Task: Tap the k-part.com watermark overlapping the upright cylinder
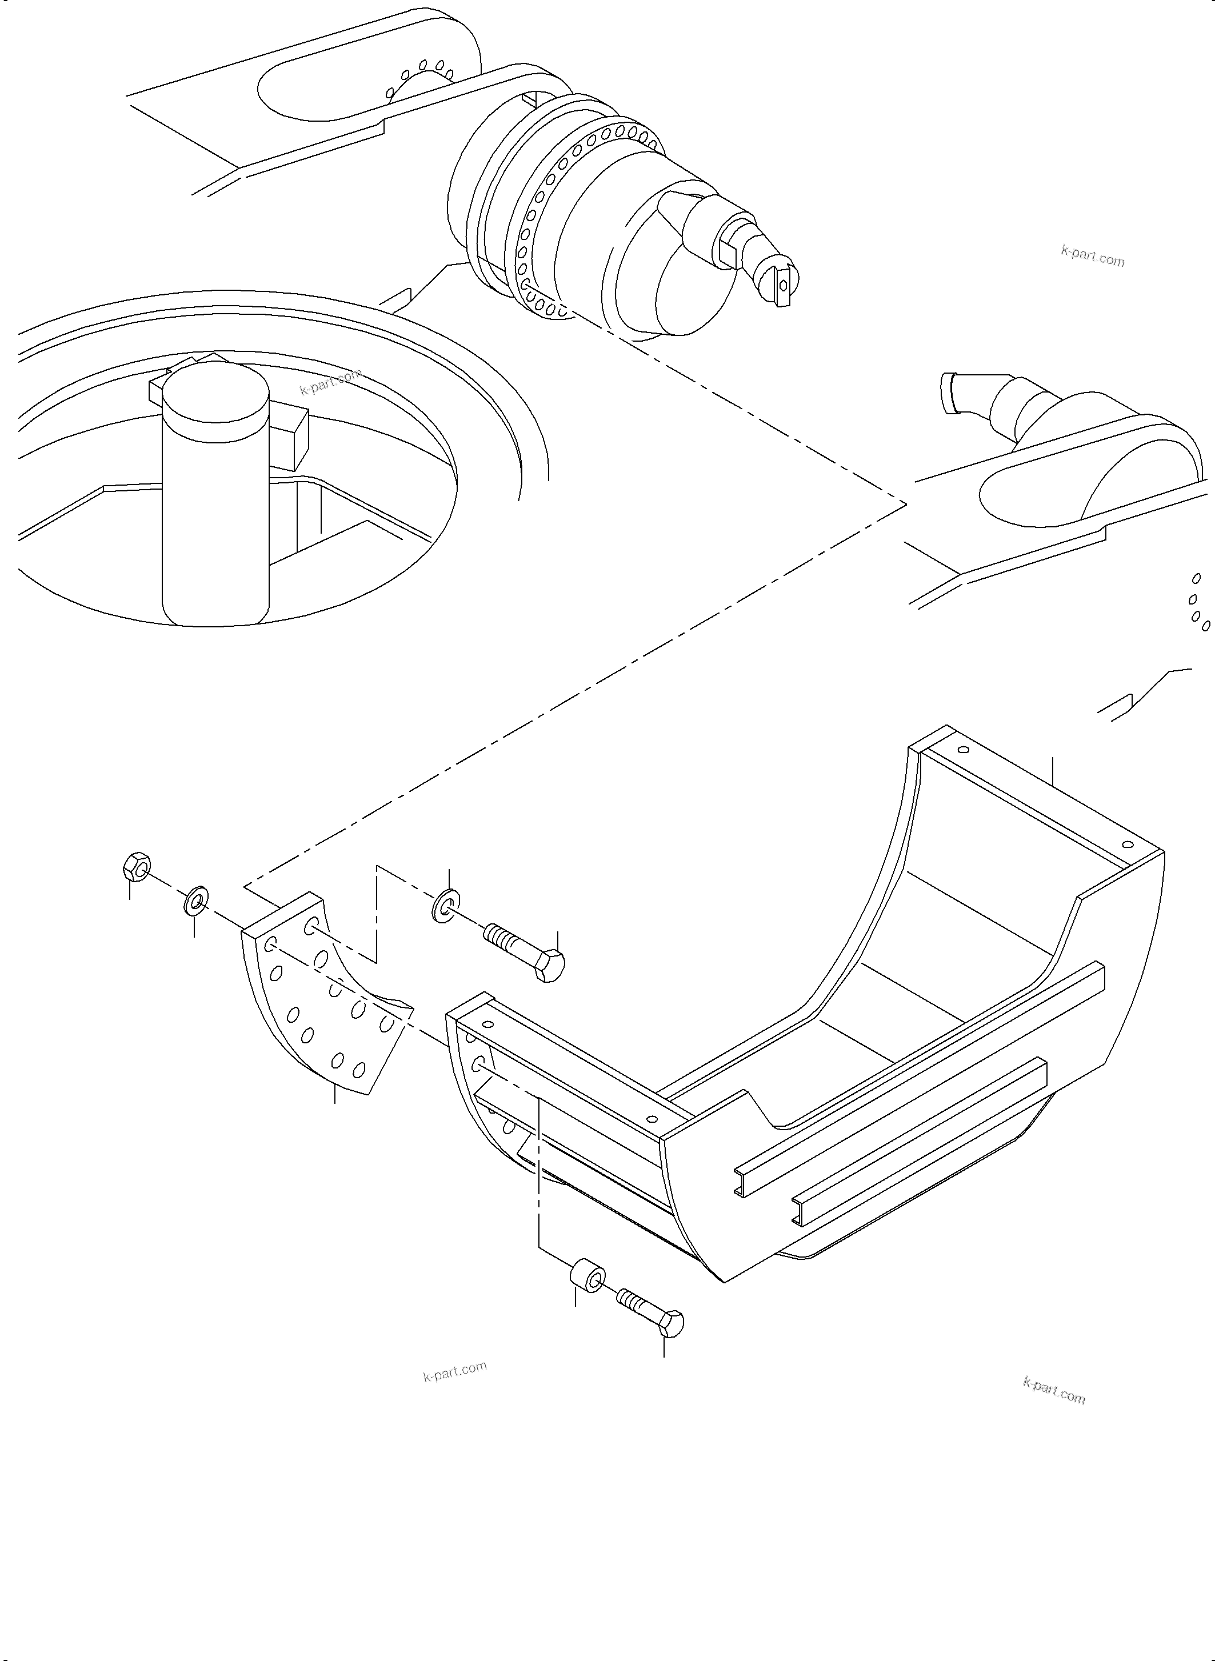(x=330, y=381)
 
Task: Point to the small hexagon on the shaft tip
(x=784, y=285)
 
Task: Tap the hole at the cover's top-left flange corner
(x=964, y=751)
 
